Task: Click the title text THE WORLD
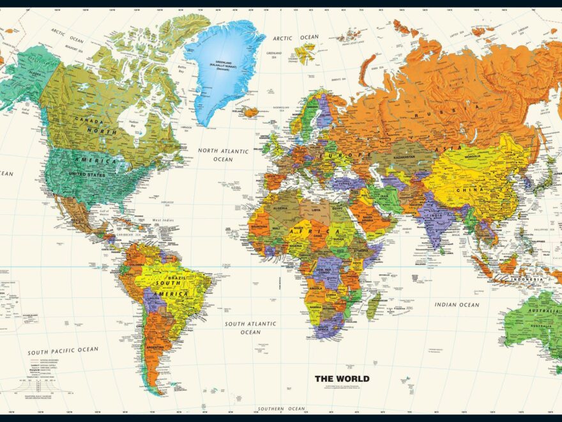[342, 379]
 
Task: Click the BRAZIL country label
[177, 279]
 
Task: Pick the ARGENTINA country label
[154, 348]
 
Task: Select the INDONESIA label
[528, 279]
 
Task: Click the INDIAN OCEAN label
[457, 305]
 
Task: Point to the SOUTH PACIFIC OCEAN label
[63, 350]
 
